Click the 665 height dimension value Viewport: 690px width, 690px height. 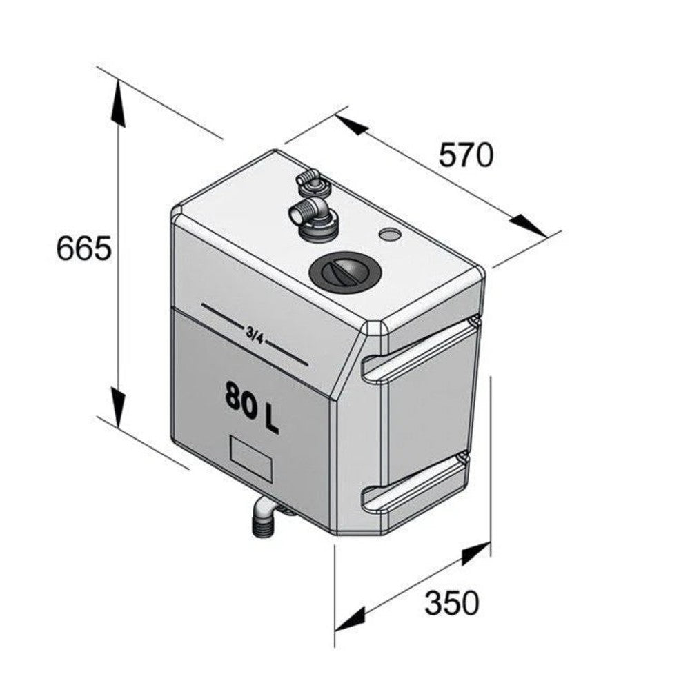click(83, 248)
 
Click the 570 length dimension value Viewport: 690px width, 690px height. click(466, 155)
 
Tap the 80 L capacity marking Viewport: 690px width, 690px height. click(252, 407)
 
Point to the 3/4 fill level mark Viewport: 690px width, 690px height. click(254, 334)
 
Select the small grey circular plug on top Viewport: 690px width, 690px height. click(389, 235)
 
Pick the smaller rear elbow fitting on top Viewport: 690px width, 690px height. click(312, 183)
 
